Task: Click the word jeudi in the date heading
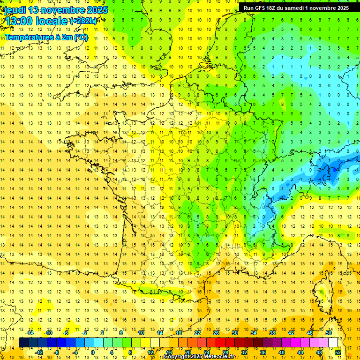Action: [15, 10]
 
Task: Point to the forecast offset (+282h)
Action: [83, 21]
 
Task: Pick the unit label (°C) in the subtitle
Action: [81, 37]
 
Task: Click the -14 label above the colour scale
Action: [30, 333]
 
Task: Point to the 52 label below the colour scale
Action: [337, 352]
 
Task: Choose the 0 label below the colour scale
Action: [92, 352]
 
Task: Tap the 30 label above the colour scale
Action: [234, 333]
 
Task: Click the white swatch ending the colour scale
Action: [333, 343]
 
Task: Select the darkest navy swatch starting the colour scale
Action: [23, 343]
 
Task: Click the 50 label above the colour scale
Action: [328, 333]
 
